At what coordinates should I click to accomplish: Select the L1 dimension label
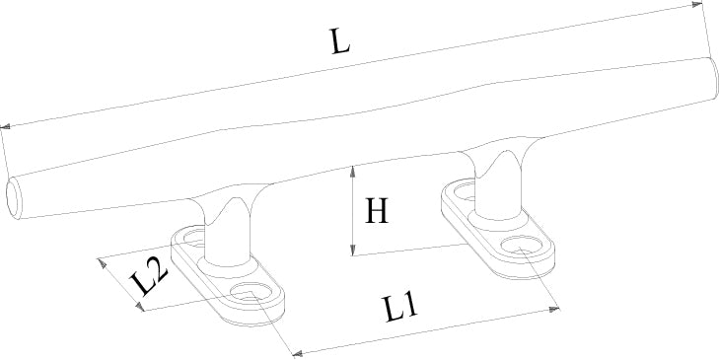tap(400, 308)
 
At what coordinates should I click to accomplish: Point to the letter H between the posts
tap(377, 210)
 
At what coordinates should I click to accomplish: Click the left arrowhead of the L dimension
tap(5, 126)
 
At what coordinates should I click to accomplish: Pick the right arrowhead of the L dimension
tap(697, 5)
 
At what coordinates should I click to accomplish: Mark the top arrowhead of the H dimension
tap(352, 171)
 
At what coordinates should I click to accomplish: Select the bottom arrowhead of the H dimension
tap(352, 250)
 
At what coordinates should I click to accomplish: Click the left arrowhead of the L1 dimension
tap(298, 353)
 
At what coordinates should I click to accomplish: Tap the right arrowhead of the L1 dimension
tap(554, 310)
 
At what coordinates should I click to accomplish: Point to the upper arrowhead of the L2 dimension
tap(102, 263)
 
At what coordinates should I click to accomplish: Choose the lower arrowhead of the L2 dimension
tap(140, 307)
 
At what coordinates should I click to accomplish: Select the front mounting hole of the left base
tap(252, 293)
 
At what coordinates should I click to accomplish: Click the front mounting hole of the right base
tap(523, 246)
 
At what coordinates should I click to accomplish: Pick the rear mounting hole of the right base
tap(465, 189)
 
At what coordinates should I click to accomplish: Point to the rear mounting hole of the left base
tap(194, 238)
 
